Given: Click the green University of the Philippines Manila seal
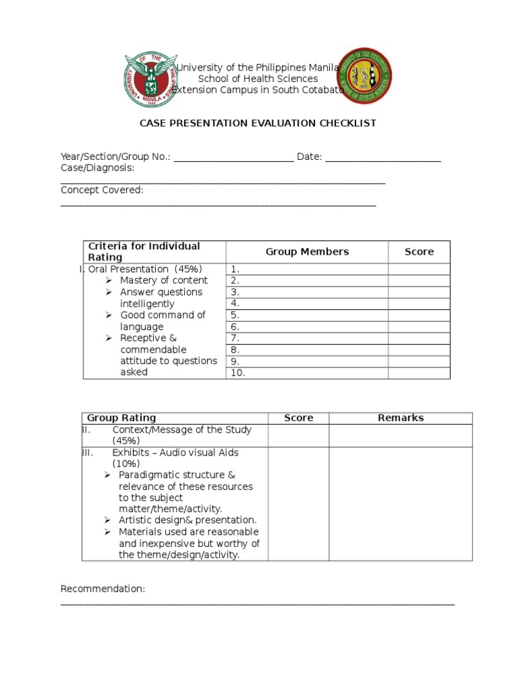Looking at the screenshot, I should click(150, 80).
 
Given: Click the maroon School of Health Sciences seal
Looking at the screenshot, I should click(364, 76).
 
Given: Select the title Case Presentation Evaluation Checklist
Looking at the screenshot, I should click(257, 123).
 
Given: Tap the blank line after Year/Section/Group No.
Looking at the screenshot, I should click(233, 157).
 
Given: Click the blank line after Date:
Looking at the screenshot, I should click(383, 157).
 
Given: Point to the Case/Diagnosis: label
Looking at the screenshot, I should click(97, 168).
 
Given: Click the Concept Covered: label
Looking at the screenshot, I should click(101, 190).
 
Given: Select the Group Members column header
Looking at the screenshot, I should click(307, 252).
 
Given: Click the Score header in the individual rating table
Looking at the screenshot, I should click(419, 252).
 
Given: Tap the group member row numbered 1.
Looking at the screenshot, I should click(307, 269).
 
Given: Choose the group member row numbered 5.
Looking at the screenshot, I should click(307, 315).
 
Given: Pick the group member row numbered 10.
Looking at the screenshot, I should click(307, 373).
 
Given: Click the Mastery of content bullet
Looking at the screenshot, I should click(163, 280).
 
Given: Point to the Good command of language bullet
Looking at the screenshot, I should click(162, 321).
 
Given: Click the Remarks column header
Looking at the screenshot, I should click(400, 418).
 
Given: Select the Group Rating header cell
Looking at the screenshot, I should click(122, 418).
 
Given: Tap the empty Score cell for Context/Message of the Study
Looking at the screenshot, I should click(298, 435).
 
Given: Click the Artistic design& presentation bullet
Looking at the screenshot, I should click(187, 520).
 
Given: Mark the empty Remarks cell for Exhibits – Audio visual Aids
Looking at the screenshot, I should click(400, 504).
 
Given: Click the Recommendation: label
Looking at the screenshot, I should click(103, 589).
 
